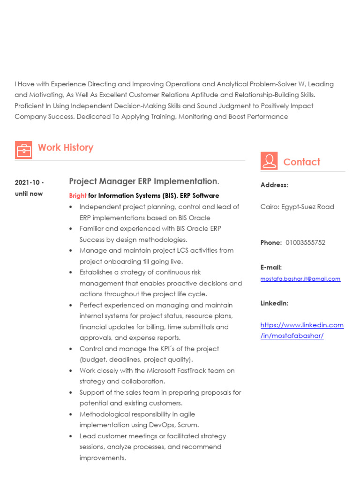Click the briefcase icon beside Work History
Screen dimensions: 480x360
pos(23,150)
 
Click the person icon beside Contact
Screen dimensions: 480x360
pos(269,161)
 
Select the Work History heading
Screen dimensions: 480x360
pos(66,148)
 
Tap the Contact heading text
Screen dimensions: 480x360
pos(301,162)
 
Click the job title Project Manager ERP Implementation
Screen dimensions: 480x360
pos(143,181)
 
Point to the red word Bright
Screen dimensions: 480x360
pos(78,195)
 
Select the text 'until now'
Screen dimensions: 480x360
pos(29,194)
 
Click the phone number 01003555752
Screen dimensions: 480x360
pos(305,243)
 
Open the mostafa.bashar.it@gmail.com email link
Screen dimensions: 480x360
pos(300,279)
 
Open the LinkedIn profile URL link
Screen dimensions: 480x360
pos(302,330)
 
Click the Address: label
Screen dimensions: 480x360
pos(274,185)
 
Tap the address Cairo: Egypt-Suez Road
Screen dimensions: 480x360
pos(297,207)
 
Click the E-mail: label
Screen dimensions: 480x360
pos(271,268)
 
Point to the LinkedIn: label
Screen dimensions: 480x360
pos(274,303)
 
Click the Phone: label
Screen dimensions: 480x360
pos(271,243)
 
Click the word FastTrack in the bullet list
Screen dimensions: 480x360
pos(189,371)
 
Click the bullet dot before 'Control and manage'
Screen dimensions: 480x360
pos(70,349)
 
